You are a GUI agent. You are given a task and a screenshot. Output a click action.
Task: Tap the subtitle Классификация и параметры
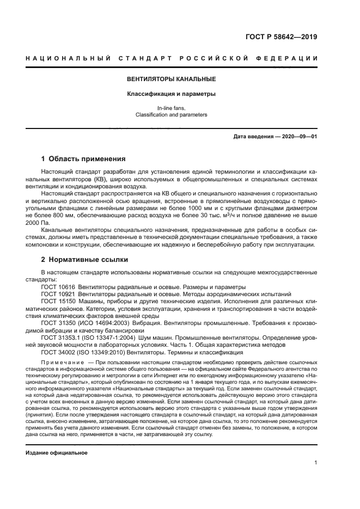pyautogui.click(x=172, y=94)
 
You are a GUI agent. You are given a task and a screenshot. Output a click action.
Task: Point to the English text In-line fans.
pyautogui.click(x=172, y=108)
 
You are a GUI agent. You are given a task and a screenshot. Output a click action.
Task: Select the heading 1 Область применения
pyautogui.click(x=83, y=160)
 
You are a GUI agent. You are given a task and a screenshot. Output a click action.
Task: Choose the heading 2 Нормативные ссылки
pyautogui.click(x=84, y=260)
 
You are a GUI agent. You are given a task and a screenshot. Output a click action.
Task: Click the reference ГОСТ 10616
pyautogui.click(x=58, y=286)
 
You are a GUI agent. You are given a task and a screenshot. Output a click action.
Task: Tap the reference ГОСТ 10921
pyautogui.click(x=58, y=293)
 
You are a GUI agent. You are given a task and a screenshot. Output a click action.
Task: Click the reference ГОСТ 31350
pyautogui.click(x=58, y=322)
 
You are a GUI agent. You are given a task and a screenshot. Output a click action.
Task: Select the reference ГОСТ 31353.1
pyautogui.click(x=61, y=338)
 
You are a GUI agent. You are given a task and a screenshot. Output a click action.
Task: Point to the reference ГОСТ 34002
pyautogui.click(x=58, y=353)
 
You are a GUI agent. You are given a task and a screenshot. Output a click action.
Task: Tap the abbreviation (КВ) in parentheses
pyautogui.click(x=99, y=179)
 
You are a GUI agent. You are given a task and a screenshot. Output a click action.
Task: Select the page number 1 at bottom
pyautogui.click(x=315, y=463)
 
